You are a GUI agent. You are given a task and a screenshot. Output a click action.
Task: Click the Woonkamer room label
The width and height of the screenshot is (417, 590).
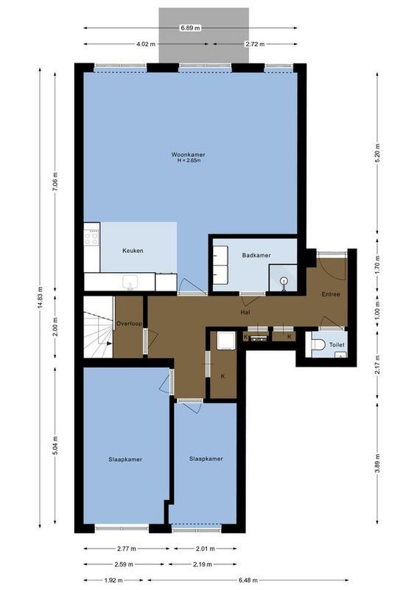pyautogui.click(x=188, y=155)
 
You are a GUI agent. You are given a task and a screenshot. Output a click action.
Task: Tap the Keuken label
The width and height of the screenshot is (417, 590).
pyautogui.click(x=133, y=251)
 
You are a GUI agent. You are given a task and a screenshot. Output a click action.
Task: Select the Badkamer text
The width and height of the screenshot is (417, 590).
pyautogui.click(x=256, y=255)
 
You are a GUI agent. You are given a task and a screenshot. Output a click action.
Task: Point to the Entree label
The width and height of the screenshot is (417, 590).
pyautogui.click(x=331, y=294)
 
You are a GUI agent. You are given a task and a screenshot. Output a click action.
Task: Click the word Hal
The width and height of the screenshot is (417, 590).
pyautogui.click(x=245, y=312)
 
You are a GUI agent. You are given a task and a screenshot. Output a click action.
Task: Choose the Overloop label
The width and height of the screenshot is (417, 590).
pyautogui.click(x=129, y=324)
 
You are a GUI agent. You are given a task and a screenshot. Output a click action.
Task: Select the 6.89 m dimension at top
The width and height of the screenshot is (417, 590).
pyautogui.click(x=190, y=28)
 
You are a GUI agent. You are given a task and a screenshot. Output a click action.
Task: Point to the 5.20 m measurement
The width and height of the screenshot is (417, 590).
pyautogui.click(x=378, y=154)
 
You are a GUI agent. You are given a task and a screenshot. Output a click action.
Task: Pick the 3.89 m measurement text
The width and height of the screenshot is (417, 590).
pyautogui.click(x=378, y=465)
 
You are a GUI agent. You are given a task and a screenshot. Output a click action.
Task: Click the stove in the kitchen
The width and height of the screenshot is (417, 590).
pyautogui.click(x=93, y=236)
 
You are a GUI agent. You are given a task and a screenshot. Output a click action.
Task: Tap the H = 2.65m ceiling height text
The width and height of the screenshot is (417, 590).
pyautogui.click(x=188, y=161)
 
